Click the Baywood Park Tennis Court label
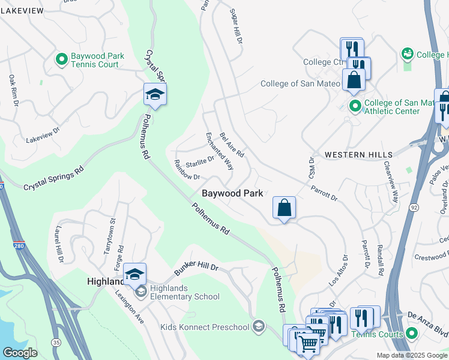pyautogui.click(x=97, y=60)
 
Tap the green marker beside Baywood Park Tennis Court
pyautogui.click(x=61, y=59)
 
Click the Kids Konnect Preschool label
pyautogui.click(x=204, y=327)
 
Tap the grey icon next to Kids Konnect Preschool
pyautogui.click(x=259, y=326)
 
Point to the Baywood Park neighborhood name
pyautogui.click(x=232, y=194)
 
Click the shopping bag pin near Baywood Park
pyautogui.click(x=284, y=208)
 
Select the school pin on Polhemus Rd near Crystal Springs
pyautogui.click(x=155, y=95)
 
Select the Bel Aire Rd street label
pyautogui.click(x=232, y=145)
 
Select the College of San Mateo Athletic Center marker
pyautogui.click(x=355, y=107)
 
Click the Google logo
pyautogui.click(x=20, y=353)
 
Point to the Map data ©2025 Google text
pyautogui.click(x=412, y=355)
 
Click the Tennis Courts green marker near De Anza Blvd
pyautogui.click(x=411, y=333)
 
